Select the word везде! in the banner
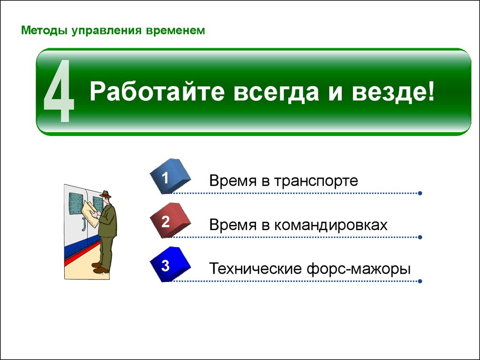(393, 91)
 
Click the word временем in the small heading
(175, 30)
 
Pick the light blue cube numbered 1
(170, 176)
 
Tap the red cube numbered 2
(170, 220)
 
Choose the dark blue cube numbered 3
(170, 264)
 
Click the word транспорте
(315, 181)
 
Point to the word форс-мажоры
(359, 269)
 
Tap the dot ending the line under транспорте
(420, 193)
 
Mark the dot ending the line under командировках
(420, 237)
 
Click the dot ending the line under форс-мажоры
(420, 281)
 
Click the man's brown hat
(105, 194)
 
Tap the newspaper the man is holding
(90, 213)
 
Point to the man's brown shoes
(100, 268)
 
